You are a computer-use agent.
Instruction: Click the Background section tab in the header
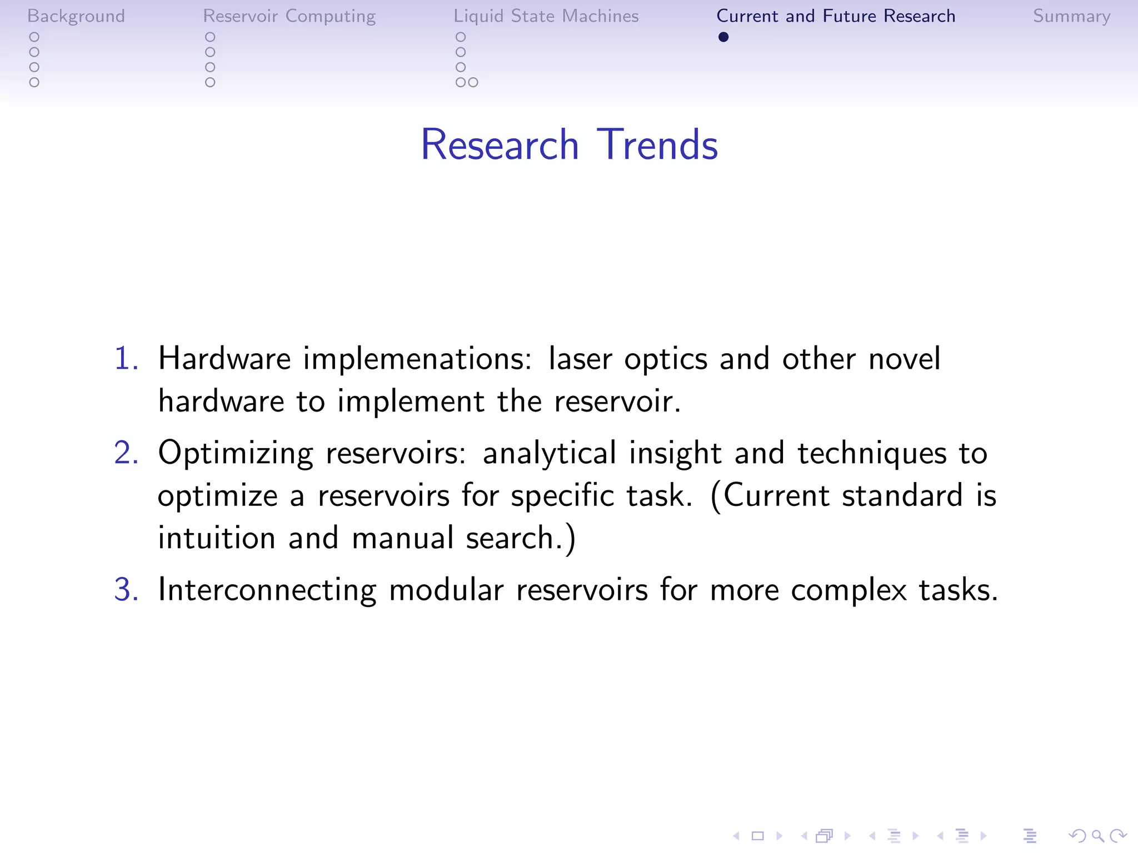[x=76, y=16]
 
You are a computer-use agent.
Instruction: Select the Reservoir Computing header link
[x=289, y=16]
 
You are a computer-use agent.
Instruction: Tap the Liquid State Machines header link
[x=546, y=16]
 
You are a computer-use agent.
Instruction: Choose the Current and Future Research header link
[x=836, y=16]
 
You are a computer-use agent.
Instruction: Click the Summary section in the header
[x=1071, y=16]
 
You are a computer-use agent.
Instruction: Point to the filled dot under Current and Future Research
[x=723, y=37]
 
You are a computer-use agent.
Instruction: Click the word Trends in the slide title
[x=657, y=145]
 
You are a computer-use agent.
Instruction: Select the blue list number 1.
[x=126, y=358]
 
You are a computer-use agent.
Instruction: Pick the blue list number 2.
[x=126, y=453]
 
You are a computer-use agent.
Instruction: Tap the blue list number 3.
[x=126, y=589]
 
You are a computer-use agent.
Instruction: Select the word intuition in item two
[x=217, y=538]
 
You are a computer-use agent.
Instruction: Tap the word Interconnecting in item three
[x=267, y=590]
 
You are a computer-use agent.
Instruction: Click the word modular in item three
[x=446, y=589]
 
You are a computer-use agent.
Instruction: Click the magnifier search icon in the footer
[x=1097, y=835]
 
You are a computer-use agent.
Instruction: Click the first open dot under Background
[x=34, y=37]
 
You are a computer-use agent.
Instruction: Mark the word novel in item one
[x=904, y=358]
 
